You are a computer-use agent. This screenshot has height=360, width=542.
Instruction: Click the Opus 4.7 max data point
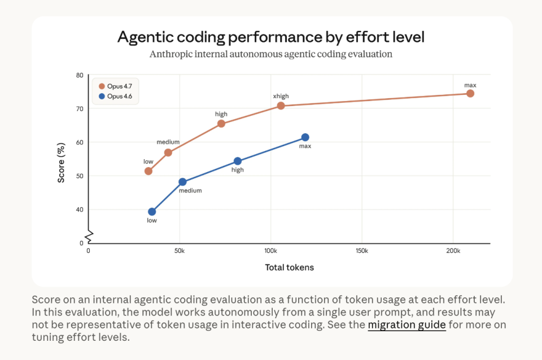point(470,93)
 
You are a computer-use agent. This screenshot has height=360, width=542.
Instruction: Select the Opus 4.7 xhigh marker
point(281,106)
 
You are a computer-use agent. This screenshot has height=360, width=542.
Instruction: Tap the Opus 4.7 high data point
point(221,124)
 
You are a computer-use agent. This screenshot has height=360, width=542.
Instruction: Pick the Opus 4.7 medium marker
point(168,152)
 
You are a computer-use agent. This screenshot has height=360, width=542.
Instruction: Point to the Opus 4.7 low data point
point(148,171)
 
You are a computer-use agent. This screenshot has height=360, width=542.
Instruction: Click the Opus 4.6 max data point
point(305,137)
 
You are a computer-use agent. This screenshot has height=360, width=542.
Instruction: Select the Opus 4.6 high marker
point(238,161)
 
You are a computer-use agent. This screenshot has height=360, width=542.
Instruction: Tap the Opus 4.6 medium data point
point(182,182)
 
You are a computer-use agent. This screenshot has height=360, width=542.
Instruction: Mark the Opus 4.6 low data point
point(152,212)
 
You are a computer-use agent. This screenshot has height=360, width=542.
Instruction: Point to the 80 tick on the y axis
point(80,75)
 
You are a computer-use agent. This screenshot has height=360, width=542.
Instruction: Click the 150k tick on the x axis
point(362,251)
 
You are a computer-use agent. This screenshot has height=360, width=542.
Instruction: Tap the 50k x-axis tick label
point(180,251)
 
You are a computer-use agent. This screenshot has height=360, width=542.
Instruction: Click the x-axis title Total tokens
point(289,267)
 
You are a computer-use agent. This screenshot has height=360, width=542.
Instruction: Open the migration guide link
point(406,324)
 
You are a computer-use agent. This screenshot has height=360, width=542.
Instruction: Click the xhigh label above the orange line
point(281,96)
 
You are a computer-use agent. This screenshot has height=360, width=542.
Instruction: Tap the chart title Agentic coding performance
point(271,37)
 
